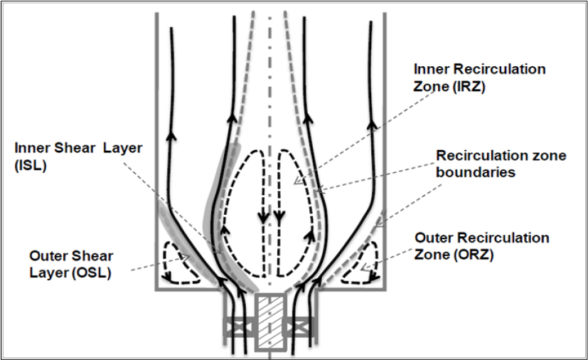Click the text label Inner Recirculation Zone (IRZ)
click(479, 78)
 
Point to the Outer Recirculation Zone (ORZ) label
click(482, 245)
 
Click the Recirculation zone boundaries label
click(501, 164)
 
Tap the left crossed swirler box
click(236, 328)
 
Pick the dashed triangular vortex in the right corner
click(360, 264)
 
